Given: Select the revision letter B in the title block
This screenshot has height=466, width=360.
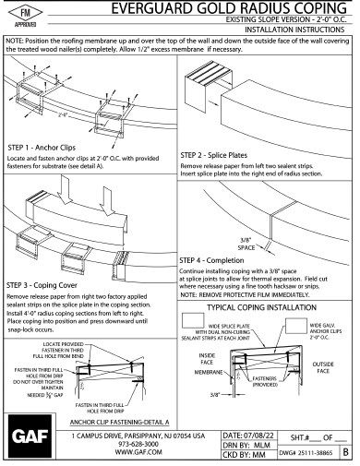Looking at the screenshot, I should (x=347, y=454).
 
